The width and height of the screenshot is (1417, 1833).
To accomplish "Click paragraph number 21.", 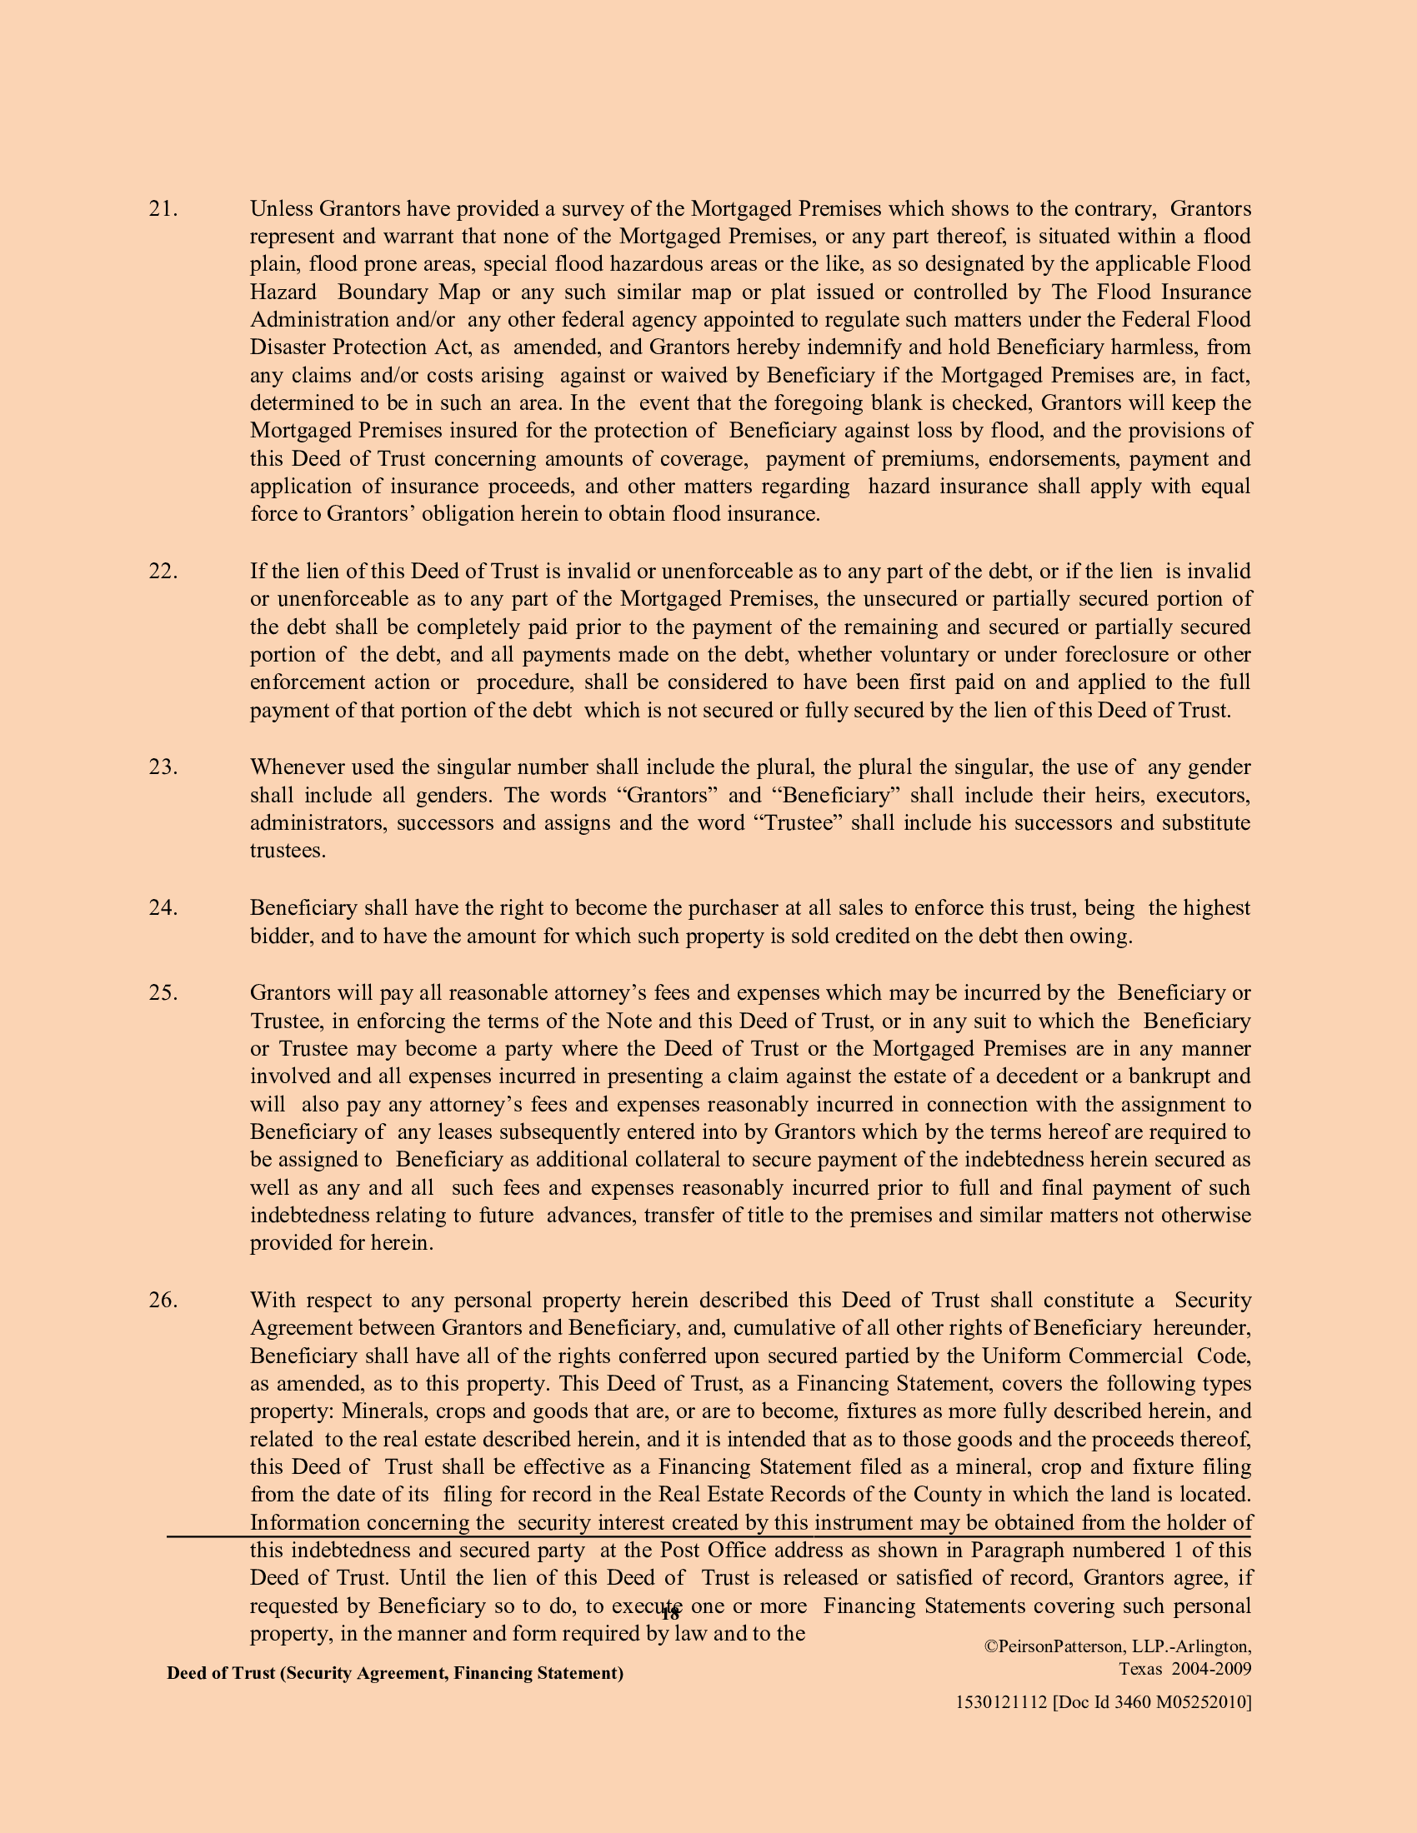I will tap(163, 209).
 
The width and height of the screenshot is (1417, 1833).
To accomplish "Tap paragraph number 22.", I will tap(163, 572).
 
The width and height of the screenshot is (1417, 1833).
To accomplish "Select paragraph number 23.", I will tap(163, 767).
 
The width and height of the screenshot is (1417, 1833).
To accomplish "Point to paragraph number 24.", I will tap(163, 908).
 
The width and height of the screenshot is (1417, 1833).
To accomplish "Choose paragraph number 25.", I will tap(163, 993).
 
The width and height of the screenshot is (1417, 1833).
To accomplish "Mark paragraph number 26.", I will tap(163, 1300).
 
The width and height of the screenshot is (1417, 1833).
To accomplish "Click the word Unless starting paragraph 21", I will tap(281, 209).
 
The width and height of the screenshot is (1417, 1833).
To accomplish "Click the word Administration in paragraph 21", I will tap(310, 320).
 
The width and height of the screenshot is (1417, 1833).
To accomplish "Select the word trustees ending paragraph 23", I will tap(286, 850).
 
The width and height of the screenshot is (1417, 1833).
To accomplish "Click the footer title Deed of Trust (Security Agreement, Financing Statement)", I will tap(394, 1673).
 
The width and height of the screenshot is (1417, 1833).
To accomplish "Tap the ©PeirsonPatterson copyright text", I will tap(1116, 1646).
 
